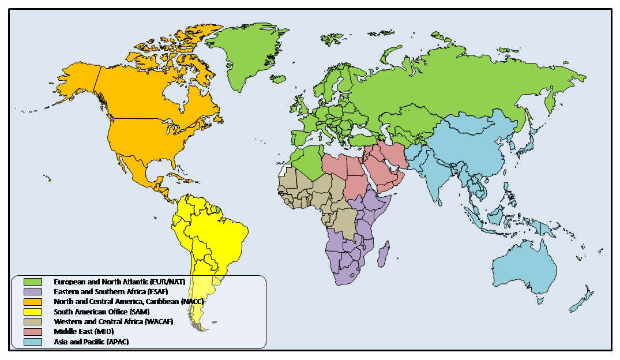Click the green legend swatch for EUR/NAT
[x=33, y=282]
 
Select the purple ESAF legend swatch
[x=33, y=292]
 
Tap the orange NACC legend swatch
[x=33, y=302]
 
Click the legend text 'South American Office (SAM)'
[x=102, y=312]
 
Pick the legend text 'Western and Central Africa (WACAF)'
[x=113, y=321]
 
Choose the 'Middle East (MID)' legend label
[x=84, y=332]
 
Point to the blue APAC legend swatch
[x=33, y=342]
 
